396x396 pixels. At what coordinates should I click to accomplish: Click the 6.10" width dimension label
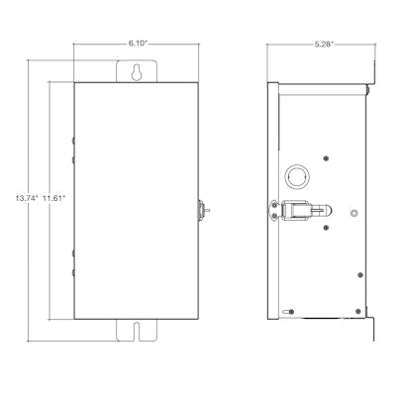click(138, 44)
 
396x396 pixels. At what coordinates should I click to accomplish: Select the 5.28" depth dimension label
click(324, 45)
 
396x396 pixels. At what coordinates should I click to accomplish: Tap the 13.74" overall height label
click(27, 198)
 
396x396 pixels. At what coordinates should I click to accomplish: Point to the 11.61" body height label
click(54, 198)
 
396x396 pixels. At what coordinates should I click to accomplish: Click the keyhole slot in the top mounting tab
click(137, 72)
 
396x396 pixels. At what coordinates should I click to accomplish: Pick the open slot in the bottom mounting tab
click(137, 332)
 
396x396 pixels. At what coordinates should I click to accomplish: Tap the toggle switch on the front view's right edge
click(203, 210)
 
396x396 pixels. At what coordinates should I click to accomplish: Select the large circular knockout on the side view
click(297, 176)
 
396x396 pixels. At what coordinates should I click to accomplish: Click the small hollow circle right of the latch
click(353, 214)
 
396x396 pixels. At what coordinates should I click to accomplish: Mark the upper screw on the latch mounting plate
click(274, 206)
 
